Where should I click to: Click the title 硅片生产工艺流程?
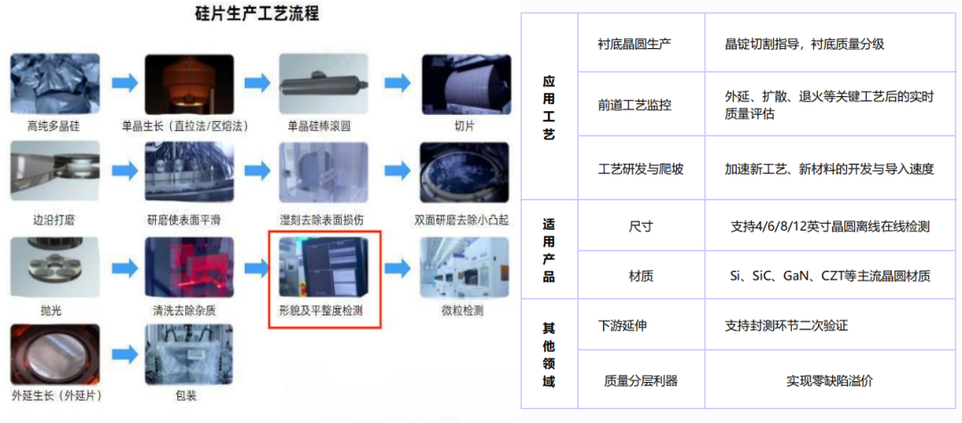click(x=257, y=13)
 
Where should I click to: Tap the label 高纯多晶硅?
click(x=53, y=126)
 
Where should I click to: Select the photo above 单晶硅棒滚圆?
click(x=323, y=83)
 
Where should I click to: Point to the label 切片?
click(x=465, y=126)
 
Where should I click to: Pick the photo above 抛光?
click(x=54, y=265)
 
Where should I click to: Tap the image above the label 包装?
click(x=188, y=354)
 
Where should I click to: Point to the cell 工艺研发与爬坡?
click(x=640, y=168)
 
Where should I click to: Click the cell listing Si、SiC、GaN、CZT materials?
click(x=828, y=276)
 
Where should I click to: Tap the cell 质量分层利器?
click(x=640, y=380)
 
